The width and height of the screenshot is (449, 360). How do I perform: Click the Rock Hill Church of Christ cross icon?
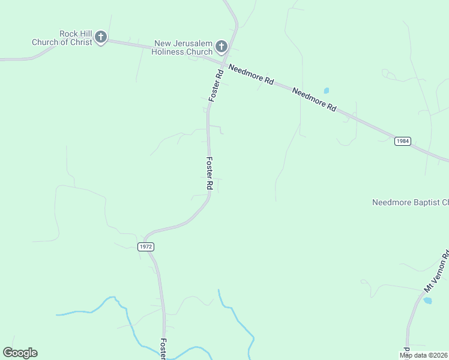point(101,37)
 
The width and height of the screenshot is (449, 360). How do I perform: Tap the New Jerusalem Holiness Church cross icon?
point(221,47)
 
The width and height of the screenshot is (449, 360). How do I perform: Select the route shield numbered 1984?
point(403,141)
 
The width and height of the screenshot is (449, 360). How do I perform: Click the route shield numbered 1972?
point(146,247)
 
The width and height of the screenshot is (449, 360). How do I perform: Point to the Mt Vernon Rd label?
point(437,273)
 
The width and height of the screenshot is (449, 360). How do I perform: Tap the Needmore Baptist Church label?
point(410,203)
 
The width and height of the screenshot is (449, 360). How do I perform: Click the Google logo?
point(20,353)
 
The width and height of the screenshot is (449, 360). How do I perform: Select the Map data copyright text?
point(424,355)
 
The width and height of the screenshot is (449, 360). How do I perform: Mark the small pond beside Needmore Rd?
point(327,91)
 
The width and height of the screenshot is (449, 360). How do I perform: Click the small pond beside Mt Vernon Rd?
point(427,300)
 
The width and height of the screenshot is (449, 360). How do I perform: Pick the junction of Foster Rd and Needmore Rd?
point(223,63)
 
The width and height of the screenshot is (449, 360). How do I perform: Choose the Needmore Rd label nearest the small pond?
point(314,99)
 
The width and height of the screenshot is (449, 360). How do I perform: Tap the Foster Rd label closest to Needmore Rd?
point(216,85)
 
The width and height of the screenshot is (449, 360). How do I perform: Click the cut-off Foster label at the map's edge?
point(162,348)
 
